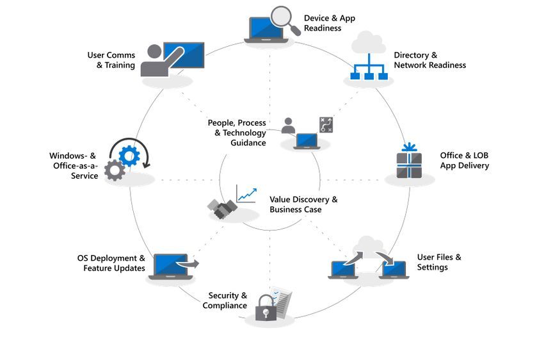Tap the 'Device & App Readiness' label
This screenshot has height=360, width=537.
328,23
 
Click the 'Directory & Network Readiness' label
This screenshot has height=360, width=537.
429,60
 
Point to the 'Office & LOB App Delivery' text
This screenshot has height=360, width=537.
464,160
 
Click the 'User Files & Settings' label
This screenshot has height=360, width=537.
439,262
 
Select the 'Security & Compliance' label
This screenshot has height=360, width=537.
225,300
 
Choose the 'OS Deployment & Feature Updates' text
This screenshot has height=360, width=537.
111,263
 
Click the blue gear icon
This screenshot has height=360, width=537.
129,155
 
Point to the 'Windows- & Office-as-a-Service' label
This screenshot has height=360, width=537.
74,165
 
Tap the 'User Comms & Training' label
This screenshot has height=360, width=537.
111,60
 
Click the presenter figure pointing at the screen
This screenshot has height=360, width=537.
156,61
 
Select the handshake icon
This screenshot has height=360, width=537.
222,209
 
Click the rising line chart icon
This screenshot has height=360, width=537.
246,194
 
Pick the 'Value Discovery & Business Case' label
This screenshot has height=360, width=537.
303,204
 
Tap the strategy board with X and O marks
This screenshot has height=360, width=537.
326,125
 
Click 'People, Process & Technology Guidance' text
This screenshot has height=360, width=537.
237,133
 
